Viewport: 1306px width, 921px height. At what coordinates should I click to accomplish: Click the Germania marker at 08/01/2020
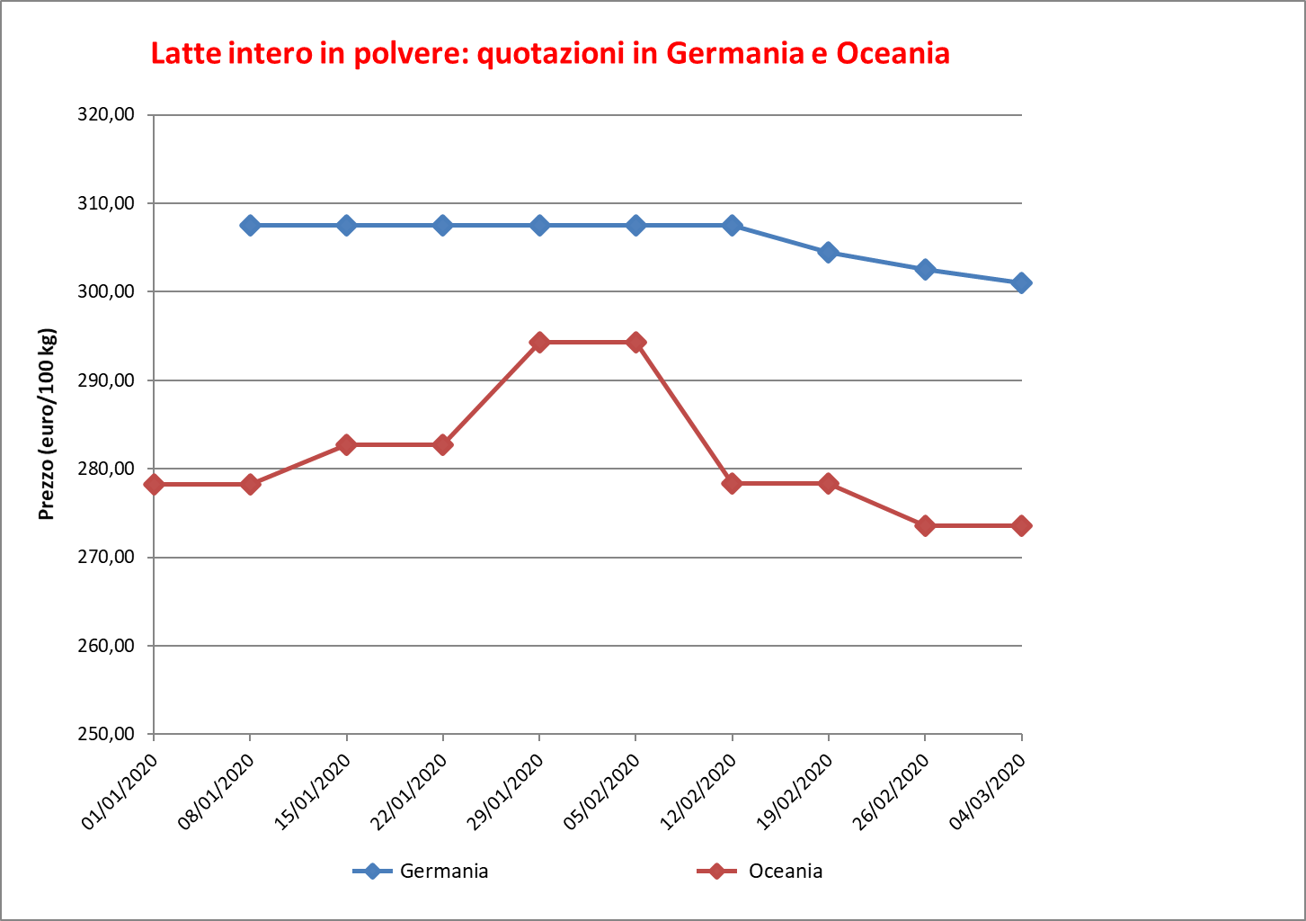pyautogui.click(x=250, y=225)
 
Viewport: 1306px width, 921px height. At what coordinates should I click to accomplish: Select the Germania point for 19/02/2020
pyautogui.click(x=829, y=252)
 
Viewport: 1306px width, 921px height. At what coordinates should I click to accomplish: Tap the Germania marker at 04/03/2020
pyautogui.click(x=1021, y=283)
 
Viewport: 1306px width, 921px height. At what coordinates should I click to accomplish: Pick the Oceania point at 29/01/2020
pyautogui.click(x=539, y=342)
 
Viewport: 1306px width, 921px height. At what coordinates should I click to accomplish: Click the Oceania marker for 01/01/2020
pyautogui.click(x=154, y=484)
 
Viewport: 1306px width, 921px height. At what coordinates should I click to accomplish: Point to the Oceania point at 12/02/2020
pyautogui.click(x=732, y=483)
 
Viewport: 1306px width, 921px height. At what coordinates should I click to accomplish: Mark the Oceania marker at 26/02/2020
pyautogui.click(x=925, y=525)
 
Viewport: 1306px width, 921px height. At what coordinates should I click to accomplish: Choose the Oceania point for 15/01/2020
pyautogui.click(x=347, y=444)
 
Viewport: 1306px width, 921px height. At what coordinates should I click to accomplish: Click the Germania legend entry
pyautogui.click(x=444, y=871)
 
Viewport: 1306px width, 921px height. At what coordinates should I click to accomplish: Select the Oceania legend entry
pyautogui.click(x=785, y=871)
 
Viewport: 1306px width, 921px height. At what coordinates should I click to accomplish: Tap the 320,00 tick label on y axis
pyautogui.click(x=107, y=115)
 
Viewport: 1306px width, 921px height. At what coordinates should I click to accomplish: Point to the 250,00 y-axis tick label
pyautogui.click(x=107, y=734)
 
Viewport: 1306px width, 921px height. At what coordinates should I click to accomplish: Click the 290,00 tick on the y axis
pyautogui.click(x=107, y=380)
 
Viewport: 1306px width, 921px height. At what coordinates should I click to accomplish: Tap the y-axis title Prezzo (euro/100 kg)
pyautogui.click(x=47, y=425)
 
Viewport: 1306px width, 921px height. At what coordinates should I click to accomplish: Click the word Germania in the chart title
pyautogui.click(x=734, y=53)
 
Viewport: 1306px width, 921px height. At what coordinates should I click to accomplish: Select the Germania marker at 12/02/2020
pyautogui.click(x=732, y=225)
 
